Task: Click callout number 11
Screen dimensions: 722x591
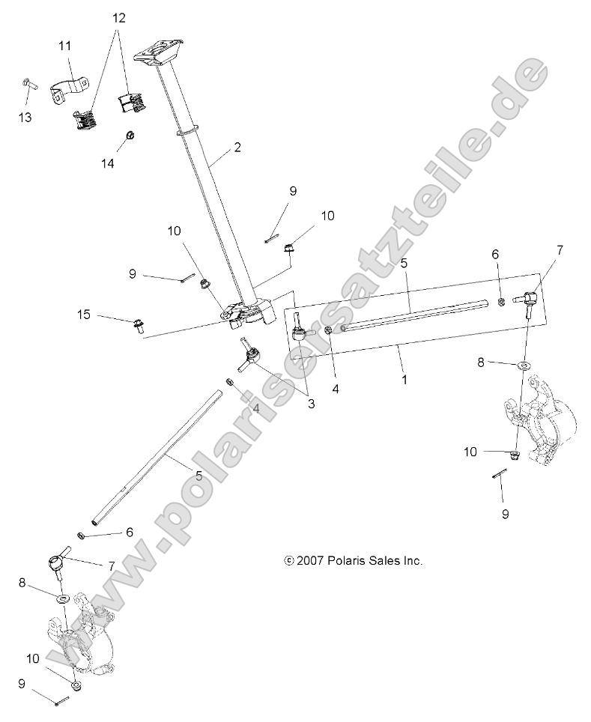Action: tap(65, 46)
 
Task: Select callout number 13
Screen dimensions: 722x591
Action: tap(25, 117)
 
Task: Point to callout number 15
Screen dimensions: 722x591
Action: tap(106, 315)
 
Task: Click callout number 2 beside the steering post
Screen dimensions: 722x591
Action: tap(237, 148)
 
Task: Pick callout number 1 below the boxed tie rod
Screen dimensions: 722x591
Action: tap(404, 379)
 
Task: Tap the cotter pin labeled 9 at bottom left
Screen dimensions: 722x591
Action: tap(61, 700)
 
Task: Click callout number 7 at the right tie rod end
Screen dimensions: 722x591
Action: tap(559, 250)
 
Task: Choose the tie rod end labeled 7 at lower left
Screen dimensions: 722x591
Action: tap(58, 562)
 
